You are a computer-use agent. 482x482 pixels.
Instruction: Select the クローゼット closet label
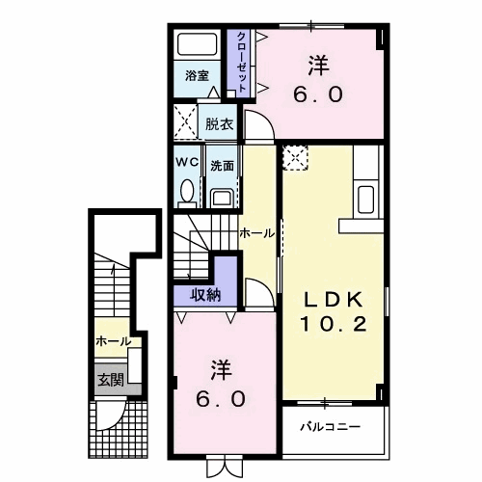(x=237, y=63)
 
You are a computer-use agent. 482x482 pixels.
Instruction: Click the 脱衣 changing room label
(x=219, y=124)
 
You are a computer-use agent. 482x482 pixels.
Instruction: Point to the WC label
(x=187, y=163)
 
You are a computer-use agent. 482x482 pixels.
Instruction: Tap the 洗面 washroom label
(x=223, y=165)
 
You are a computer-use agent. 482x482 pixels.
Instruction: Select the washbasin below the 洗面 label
(x=222, y=197)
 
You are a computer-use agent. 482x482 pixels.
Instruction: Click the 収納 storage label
(x=203, y=294)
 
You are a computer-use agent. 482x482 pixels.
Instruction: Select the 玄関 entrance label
(x=109, y=380)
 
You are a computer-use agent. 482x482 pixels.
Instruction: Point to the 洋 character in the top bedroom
(x=318, y=67)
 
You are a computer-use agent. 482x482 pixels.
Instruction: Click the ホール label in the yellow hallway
(x=256, y=233)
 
